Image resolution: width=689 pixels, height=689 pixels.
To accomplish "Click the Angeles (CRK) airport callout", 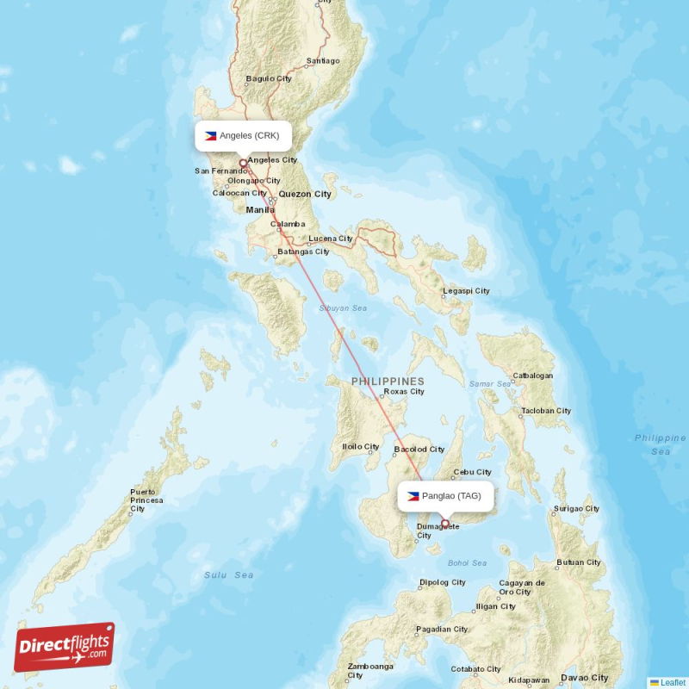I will point(244,135).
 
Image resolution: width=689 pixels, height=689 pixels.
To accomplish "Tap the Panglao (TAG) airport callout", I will point(445,496).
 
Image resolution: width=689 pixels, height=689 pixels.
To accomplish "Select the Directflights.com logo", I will point(65,646).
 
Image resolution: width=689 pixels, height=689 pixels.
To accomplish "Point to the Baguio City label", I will point(269,78).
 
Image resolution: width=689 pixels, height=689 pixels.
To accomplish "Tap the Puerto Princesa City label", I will point(146,500).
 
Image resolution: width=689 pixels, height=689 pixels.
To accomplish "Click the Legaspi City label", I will point(466,291).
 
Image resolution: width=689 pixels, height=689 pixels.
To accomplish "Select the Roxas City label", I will point(404,391).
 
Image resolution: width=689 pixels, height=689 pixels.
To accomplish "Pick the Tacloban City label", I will point(546,411).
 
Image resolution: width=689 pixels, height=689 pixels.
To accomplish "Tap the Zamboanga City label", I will point(370,671).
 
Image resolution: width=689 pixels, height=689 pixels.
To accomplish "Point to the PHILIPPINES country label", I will point(388,381).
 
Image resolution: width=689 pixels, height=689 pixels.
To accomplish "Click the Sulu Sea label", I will point(228,574).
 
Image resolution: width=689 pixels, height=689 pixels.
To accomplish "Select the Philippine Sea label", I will point(661,444).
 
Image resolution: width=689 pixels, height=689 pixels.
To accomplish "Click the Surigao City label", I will point(577,509).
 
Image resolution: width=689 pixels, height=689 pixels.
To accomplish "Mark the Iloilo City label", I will point(361,446).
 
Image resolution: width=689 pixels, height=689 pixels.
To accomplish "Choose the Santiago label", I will point(323,61).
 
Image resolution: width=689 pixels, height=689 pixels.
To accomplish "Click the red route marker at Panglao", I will point(445,523).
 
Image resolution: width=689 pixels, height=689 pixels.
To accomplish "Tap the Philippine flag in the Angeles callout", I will point(210,135).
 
